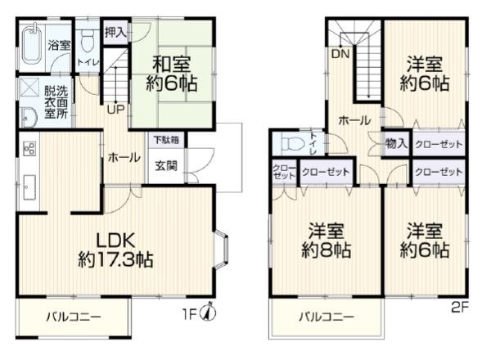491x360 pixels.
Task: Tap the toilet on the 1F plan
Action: click(x=87, y=42)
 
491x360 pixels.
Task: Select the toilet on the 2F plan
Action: click(x=294, y=144)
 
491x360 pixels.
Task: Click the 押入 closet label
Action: click(x=115, y=32)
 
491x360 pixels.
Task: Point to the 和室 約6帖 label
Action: click(x=172, y=74)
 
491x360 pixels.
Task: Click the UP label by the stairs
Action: click(x=116, y=110)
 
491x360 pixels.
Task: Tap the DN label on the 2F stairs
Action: click(x=340, y=54)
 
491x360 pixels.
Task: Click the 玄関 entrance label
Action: click(x=166, y=165)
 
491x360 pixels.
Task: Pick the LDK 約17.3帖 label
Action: click(x=115, y=250)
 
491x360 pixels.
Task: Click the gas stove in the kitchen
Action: click(x=29, y=148)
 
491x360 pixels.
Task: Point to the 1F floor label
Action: click(x=189, y=314)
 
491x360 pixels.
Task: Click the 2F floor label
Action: click(x=460, y=308)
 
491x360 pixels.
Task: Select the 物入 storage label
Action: click(x=396, y=144)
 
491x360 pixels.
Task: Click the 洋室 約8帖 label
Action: click(x=327, y=241)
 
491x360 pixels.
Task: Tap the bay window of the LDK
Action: click(x=222, y=250)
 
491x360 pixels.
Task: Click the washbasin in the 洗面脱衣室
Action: click(x=29, y=117)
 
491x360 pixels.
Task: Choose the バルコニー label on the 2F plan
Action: click(x=327, y=317)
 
